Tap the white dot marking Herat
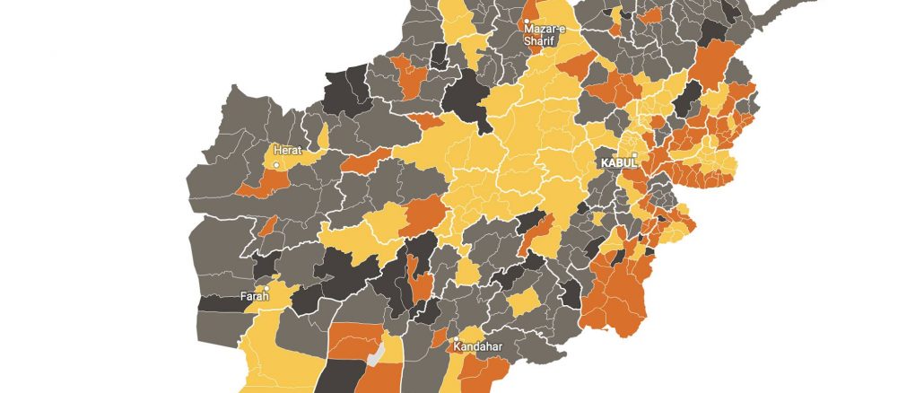coord(277,166)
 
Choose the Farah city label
coord(255,296)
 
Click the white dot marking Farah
coord(266,288)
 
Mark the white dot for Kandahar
coord(455,338)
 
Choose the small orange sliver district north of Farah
coord(267,224)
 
